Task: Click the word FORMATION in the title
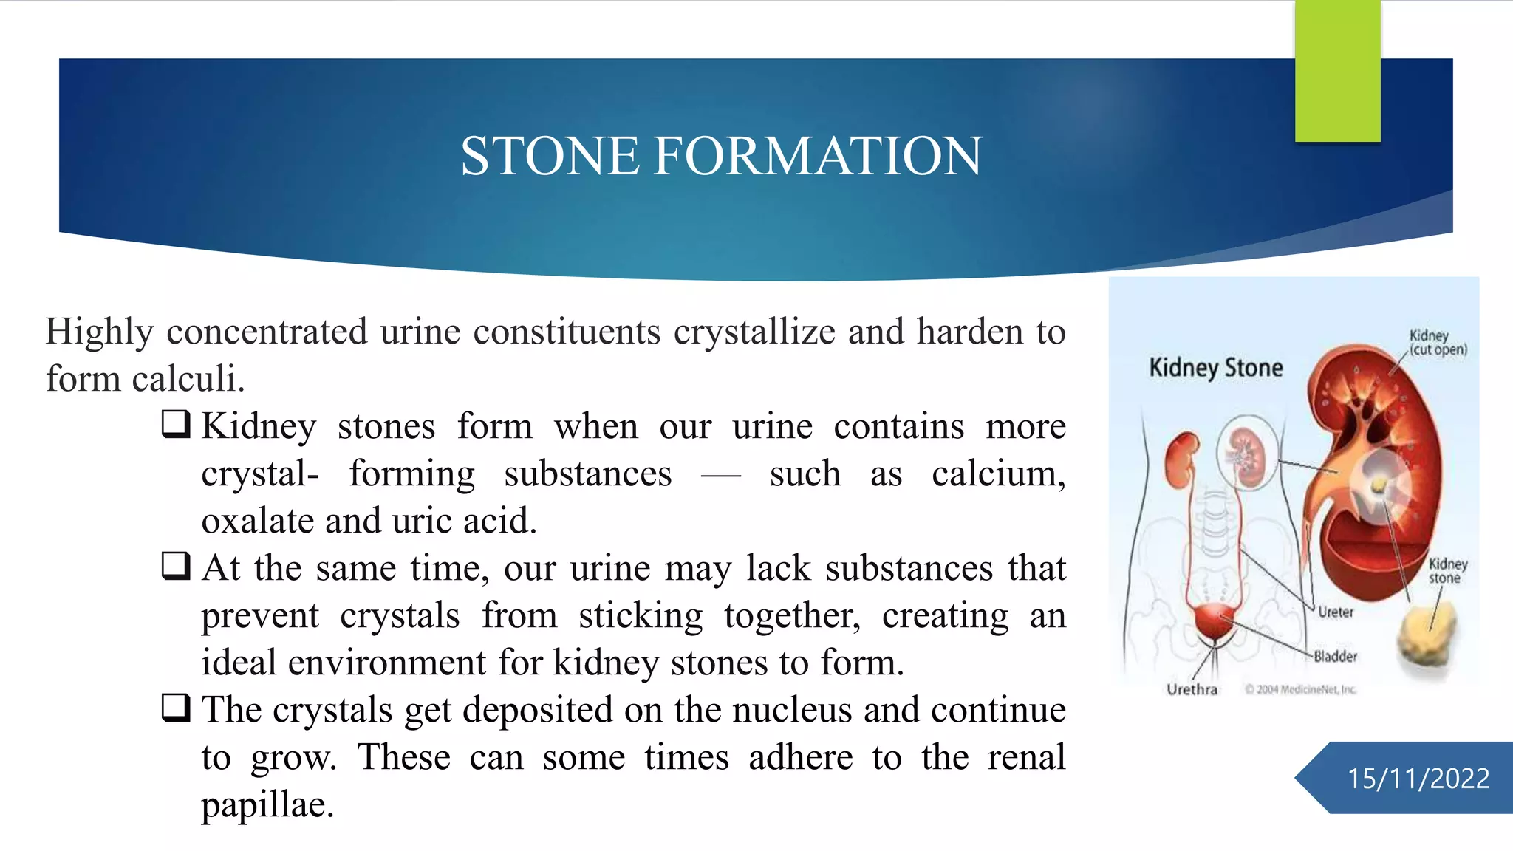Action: point(818,156)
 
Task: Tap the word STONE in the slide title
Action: point(550,156)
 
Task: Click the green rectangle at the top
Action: point(1337,71)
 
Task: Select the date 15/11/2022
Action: point(1418,779)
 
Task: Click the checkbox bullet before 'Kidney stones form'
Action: point(176,425)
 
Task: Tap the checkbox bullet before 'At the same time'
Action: point(176,567)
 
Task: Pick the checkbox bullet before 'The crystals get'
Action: point(176,708)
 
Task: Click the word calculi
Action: point(188,379)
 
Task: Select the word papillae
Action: point(267,804)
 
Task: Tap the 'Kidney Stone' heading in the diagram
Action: point(1215,368)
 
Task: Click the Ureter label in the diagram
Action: point(1336,612)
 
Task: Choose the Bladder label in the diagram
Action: point(1335,656)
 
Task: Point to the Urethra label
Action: point(1192,689)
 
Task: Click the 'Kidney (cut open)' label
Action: point(1437,342)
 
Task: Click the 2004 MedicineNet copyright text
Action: point(1301,689)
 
